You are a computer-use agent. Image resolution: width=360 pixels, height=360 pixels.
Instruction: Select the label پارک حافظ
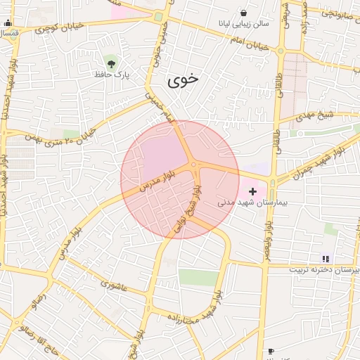coord(112,74)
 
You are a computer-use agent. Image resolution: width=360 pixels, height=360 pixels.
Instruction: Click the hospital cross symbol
coord(253,191)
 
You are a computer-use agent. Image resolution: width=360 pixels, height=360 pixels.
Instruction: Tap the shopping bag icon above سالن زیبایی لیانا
coord(243,13)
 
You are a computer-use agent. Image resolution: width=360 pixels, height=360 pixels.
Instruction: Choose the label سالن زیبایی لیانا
coord(243,25)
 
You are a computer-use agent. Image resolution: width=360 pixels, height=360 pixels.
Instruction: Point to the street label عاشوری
coord(114,285)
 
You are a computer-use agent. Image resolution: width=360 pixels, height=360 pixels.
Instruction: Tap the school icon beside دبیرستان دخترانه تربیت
coord(325,259)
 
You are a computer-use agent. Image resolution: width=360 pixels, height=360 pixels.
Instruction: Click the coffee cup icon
coord(271,350)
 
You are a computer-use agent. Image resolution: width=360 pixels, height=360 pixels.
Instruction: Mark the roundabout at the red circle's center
coord(193,165)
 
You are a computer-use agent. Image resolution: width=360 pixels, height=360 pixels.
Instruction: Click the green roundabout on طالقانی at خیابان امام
coord(281,51)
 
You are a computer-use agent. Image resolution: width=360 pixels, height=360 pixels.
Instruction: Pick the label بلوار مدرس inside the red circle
coord(155,182)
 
